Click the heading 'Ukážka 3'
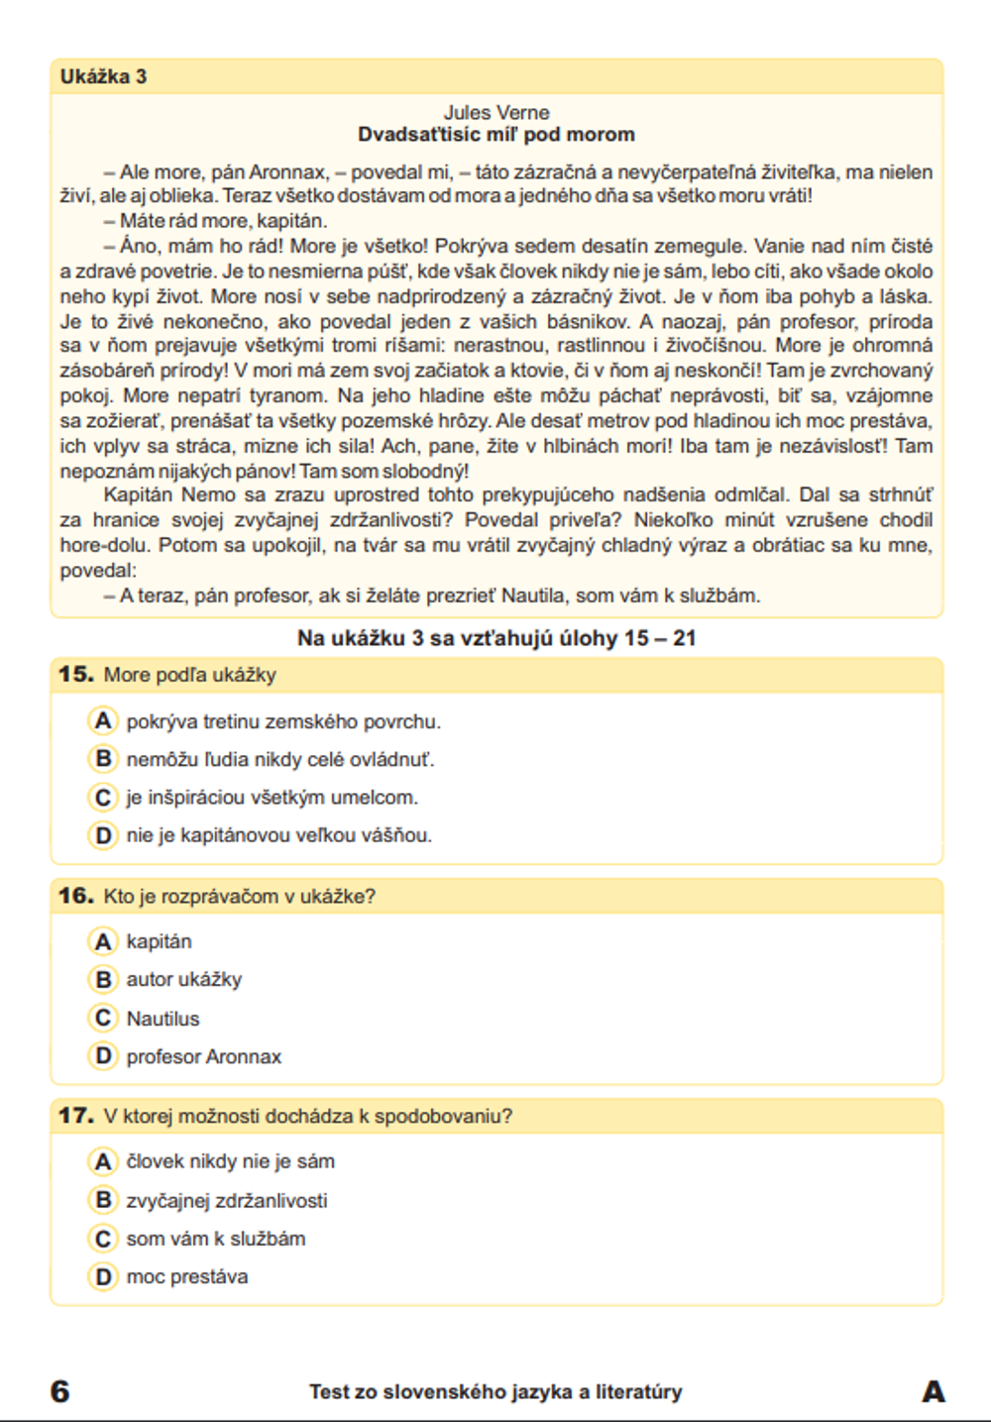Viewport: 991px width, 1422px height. pyautogui.click(x=103, y=76)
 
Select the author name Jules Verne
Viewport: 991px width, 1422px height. pyautogui.click(x=495, y=112)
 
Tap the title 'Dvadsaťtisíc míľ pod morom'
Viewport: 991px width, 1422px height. pyautogui.click(x=495, y=135)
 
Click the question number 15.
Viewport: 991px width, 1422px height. pyautogui.click(x=75, y=675)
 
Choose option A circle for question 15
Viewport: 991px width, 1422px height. pyautogui.click(x=102, y=720)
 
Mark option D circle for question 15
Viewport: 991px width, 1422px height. pyautogui.click(x=102, y=835)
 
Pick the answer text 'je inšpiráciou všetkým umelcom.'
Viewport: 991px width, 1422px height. pyautogui.click(x=272, y=798)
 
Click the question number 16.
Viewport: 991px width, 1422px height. pyautogui.click(x=75, y=896)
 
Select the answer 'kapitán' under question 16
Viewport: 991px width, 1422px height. pyautogui.click(x=159, y=941)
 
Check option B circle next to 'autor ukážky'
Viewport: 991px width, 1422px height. pyautogui.click(x=102, y=979)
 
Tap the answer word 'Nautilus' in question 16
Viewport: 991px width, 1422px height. pyautogui.click(x=163, y=1019)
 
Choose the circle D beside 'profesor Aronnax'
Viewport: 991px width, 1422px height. pyautogui.click(x=102, y=1056)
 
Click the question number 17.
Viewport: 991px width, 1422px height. pyautogui.click(x=75, y=1116)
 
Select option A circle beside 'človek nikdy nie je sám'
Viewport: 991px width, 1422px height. pyautogui.click(x=102, y=1161)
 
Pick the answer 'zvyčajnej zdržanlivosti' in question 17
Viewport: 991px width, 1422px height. pyautogui.click(x=226, y=1201)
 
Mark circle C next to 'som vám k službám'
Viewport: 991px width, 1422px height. pyautogui.click(x=102, y=1239)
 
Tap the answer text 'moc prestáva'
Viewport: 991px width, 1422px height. pyautogui.click(x=186, y=1276)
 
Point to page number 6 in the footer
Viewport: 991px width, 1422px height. pyautogui.click(x=60, y=1391)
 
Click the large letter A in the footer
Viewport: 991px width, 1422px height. pyautogui.click(x=933, y=1391)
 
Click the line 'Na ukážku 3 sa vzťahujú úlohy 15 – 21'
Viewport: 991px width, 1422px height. pyautogui.click(x=495, y=638)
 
